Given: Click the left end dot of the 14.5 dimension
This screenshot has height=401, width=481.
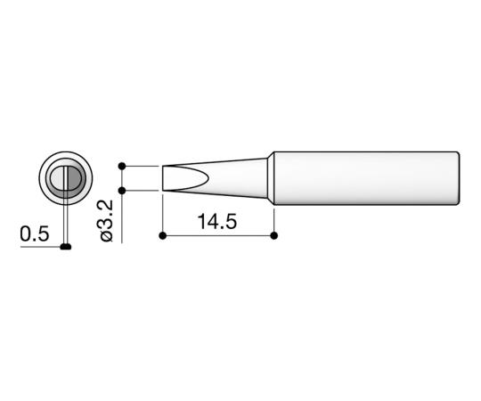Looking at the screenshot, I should (x=163, y=236).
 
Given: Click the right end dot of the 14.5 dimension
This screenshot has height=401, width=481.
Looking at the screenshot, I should (x=273, y=236).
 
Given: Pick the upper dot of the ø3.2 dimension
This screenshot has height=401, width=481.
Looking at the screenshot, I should (x=122, y=165).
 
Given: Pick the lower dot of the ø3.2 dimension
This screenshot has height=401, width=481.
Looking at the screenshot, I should (x=122, y=190).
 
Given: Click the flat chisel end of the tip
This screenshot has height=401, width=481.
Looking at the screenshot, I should (x=164, y=177).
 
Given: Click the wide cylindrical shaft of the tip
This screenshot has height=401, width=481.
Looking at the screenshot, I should (x=365, y=176).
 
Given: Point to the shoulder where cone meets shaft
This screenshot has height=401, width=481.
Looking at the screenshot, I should (x=272, y=176).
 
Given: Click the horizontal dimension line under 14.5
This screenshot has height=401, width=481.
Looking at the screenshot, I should (x=218, y=236).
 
